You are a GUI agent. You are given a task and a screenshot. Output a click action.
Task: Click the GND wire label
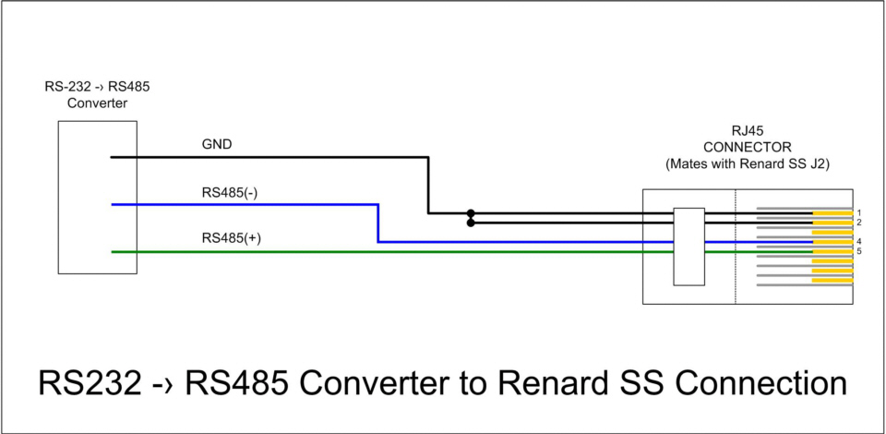pyautogui.click(x=217, y=145)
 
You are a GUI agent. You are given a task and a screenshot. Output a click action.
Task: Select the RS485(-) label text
pyautogui.click(x=231, y=193)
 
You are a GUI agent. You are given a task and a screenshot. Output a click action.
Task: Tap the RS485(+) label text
pyautogui.click(x=231, y=238)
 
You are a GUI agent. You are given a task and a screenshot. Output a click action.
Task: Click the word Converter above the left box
pyautogui.click(x=97, y=103)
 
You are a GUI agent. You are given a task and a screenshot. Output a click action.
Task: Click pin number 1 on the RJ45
pyautogui.click(x=858, y=213)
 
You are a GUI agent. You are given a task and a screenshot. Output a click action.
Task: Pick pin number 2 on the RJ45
pyautogui.click(x=858, y=223)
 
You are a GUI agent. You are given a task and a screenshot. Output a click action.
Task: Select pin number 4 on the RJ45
pyautogui.click(x=858, y=242)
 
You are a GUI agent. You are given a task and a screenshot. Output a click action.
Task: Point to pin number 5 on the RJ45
pyautogui.click(x=858, y=251)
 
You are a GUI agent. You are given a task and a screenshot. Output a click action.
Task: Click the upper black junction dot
pyautogui.click(x=471, y=213)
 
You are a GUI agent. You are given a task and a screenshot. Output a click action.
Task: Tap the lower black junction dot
pyautogui.click(x=471, y=223)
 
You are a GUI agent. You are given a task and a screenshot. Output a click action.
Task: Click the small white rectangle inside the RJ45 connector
pyautogui.click(x=688, y=246)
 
